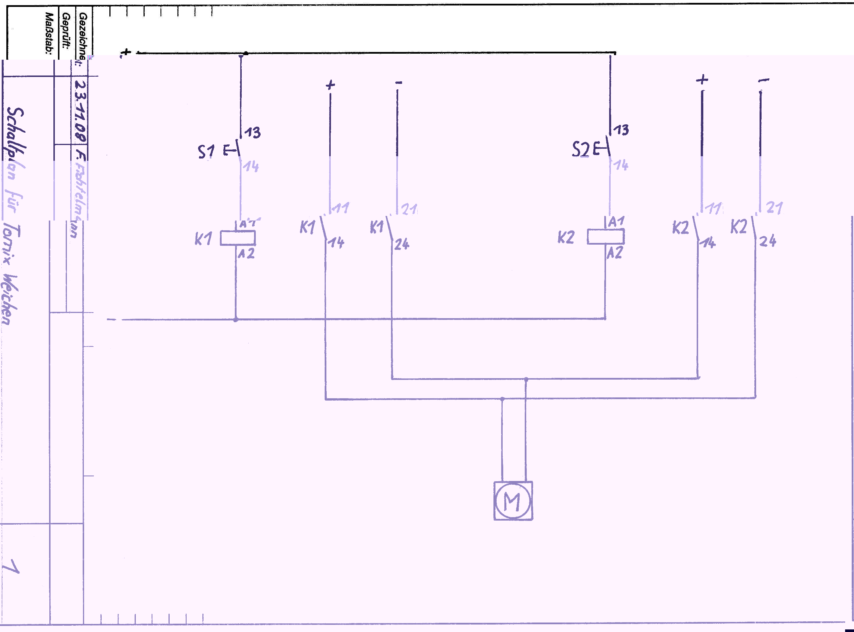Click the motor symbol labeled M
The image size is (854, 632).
pyautogui.click(x=513, y=500)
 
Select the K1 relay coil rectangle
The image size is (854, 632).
pyautogui.click(x=237, y=238)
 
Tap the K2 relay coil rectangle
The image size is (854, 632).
pyautogui.click(x=605, y=236)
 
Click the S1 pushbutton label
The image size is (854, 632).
pyautogui.click(x=206, y=152)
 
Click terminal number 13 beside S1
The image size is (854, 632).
pyautogui.click(x=252, y=133)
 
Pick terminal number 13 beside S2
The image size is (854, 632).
pyautogui.click(x=621, y=130)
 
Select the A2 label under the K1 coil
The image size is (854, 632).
pyautogui.click(x=246, y=254)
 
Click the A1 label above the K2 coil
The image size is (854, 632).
pyautogui.click(x=616, y=221)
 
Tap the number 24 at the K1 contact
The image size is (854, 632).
pyautogui.click(x=402, y=244)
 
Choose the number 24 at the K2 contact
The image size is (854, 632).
pyautogui.click(x=768, y=241)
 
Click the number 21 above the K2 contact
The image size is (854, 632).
pyautogui.click(x=774, y=208)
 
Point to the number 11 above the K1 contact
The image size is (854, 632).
pyautogui.click(x=340, y=208)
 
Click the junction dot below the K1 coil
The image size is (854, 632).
pyautogui.click(x=236, y=319)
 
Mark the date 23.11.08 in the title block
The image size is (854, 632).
pyautogui.click(x=80, y=110)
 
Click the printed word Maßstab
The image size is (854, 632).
pyautogui.click(x=49, y=34)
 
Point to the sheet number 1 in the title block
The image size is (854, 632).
pyautogui.click(x=11, y=567)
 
